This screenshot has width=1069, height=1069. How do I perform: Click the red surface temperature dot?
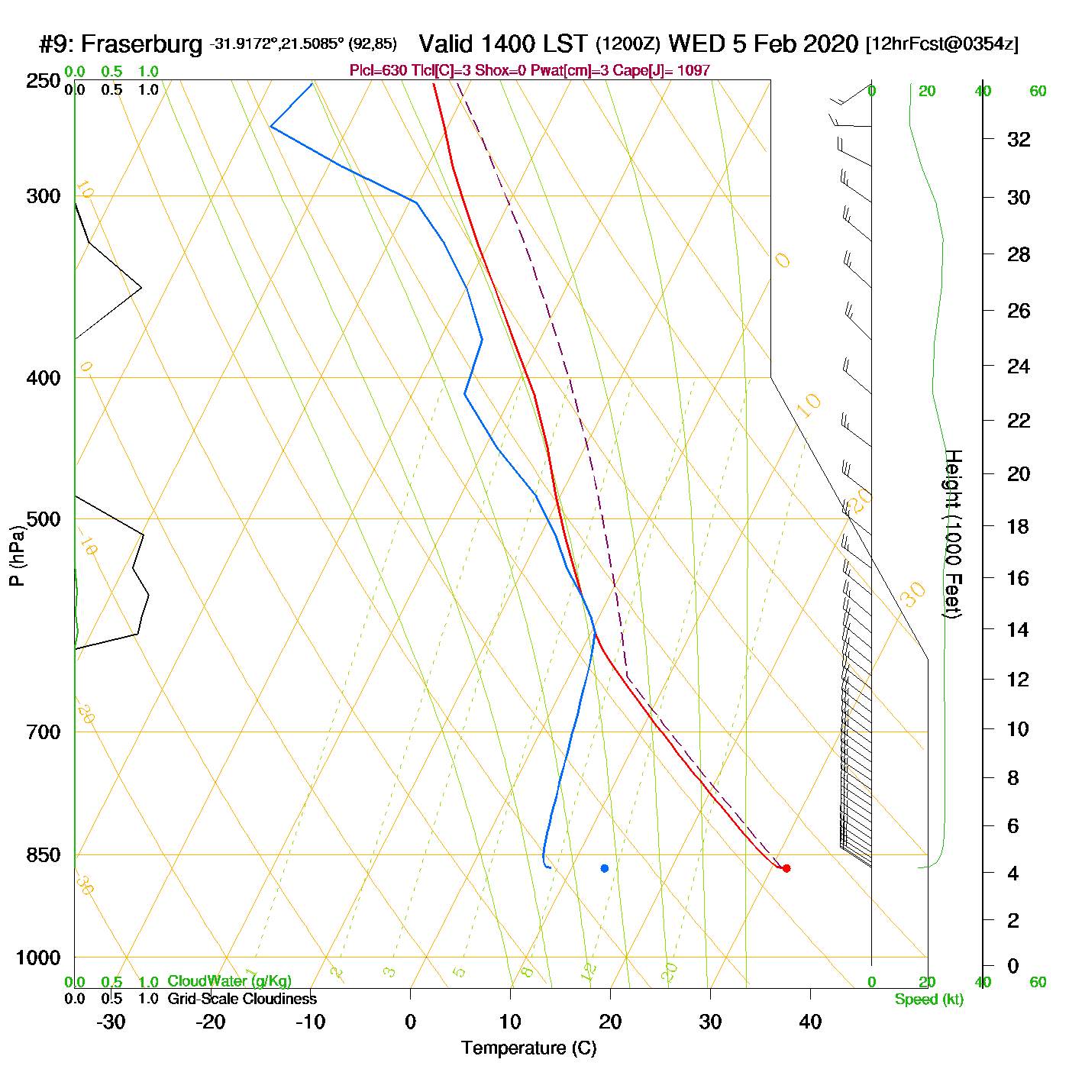point(786,868)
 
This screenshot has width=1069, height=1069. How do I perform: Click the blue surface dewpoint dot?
point(604,868)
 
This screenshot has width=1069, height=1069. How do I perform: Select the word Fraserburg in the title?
point(142,44)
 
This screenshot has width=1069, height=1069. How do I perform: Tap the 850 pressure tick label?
point(43,855)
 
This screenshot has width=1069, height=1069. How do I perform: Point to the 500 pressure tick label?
point(43,519)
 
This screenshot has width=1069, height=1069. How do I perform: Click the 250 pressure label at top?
point(43,81)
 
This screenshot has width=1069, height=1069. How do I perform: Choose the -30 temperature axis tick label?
point(111,1022)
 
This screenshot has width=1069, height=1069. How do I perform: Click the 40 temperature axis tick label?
point(810,1022)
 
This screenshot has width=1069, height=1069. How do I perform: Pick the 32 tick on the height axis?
point(1019,139)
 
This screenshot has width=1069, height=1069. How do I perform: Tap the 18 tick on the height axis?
point(1019,526)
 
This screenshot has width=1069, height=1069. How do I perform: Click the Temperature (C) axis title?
point(528,1048)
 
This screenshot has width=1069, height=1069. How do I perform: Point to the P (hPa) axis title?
point(17,555)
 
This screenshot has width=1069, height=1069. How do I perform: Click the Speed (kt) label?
point(929,1000)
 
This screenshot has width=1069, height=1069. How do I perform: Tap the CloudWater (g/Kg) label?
point(229,981)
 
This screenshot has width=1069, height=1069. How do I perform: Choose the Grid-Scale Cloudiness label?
point(242,999)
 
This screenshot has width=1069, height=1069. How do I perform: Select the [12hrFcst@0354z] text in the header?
point(941,44)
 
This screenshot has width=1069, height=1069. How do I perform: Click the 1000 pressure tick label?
point(38,958)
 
